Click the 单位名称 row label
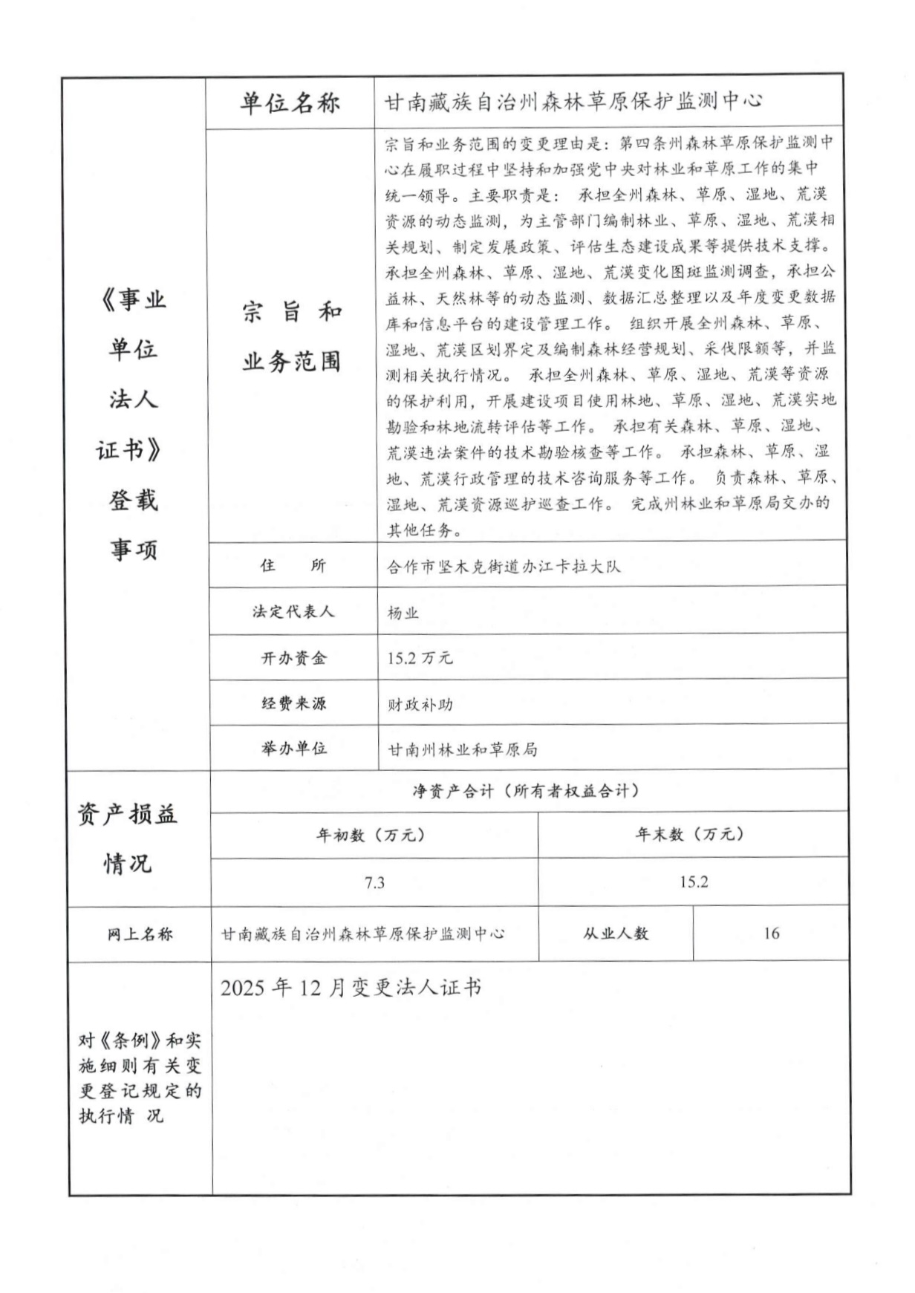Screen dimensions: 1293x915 point(290,102)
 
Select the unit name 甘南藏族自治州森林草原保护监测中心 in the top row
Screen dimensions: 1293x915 point(573,102)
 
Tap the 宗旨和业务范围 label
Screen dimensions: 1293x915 point(291,336)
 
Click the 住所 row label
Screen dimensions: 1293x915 point(293,566)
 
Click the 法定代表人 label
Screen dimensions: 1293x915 point(293,612)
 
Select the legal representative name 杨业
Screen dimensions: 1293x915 point(403,613)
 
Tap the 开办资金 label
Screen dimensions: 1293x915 point(293,658)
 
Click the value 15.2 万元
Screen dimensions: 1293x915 point(420,658)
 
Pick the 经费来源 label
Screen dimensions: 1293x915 point(293,703)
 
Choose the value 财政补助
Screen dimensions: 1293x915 point(420,704)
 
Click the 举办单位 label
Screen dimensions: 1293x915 point(293,749)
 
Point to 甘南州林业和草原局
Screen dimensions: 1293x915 point(462,750)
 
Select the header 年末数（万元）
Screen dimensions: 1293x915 point(690,834)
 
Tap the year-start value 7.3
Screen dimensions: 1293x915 point(374,882)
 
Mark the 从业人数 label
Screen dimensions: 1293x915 point(615,934)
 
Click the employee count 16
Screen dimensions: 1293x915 point(771,934)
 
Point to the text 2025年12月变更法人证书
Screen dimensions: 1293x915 point(351,988)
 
